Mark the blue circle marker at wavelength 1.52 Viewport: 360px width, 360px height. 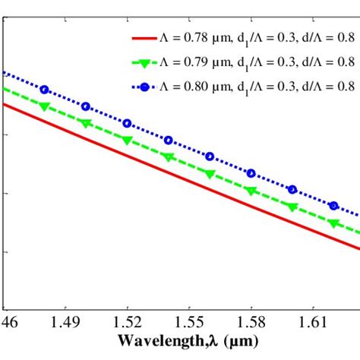pyautogui.click(x=127, y=123)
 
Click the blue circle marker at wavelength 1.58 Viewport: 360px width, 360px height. pyautogui.click(x=251, y=173)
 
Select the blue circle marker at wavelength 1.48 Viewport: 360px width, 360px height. pyautogui.click(x=44, y=90)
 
